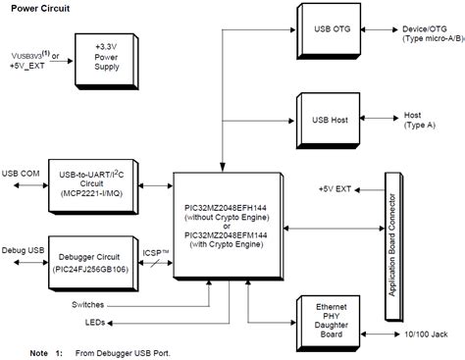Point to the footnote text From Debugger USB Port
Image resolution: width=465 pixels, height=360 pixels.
pyautogui.click(x=115, y=350)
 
